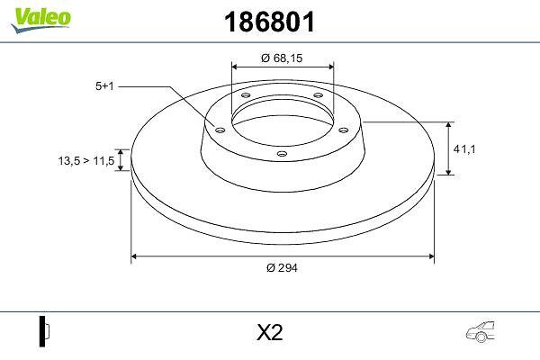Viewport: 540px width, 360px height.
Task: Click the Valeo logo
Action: [40, 20]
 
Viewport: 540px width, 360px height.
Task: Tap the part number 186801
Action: [270, 22]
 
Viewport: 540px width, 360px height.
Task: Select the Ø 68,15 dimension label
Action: [282, 58]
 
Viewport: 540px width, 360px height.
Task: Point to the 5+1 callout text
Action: [104, 86]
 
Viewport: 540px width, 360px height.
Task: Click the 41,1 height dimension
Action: [464, 149]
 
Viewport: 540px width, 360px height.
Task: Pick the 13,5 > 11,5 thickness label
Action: [86, 160]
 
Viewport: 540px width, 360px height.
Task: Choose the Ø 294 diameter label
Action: [282, 267]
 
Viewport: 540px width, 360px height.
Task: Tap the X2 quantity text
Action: [270, 333]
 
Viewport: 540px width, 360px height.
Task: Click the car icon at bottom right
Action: [481, 332]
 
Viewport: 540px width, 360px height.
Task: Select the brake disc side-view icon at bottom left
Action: [44, 331]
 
